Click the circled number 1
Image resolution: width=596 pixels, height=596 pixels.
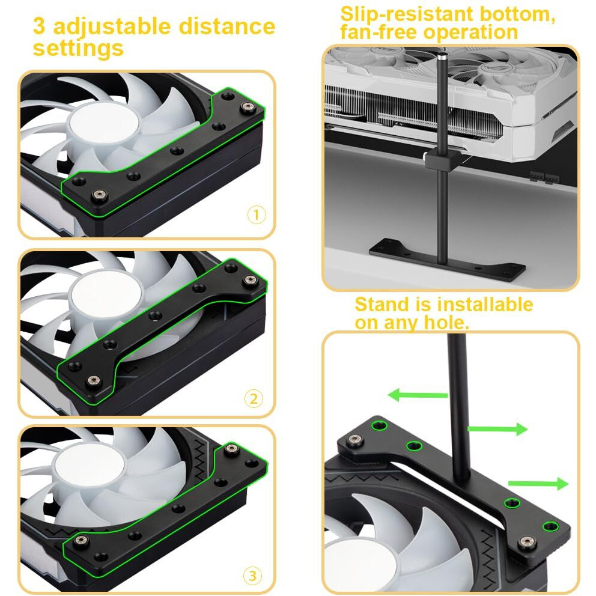point(257,214)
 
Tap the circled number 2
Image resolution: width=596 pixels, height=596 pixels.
point(254,399)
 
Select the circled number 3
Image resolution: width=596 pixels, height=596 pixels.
point(252,576)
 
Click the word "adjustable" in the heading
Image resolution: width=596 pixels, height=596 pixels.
point(112,27)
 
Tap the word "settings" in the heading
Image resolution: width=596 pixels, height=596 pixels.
point(78,49)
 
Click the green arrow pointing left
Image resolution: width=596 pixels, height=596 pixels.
point(418,395)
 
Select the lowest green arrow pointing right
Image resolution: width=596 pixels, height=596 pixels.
point(538,484)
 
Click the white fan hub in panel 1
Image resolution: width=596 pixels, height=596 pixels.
point(104,125)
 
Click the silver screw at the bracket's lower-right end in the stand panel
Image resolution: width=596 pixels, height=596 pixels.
point(527,542)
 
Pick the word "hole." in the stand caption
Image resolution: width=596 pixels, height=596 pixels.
point(446,323)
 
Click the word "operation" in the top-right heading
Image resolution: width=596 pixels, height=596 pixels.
point(470,32)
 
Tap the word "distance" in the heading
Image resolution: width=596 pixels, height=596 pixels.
point(227,26)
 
